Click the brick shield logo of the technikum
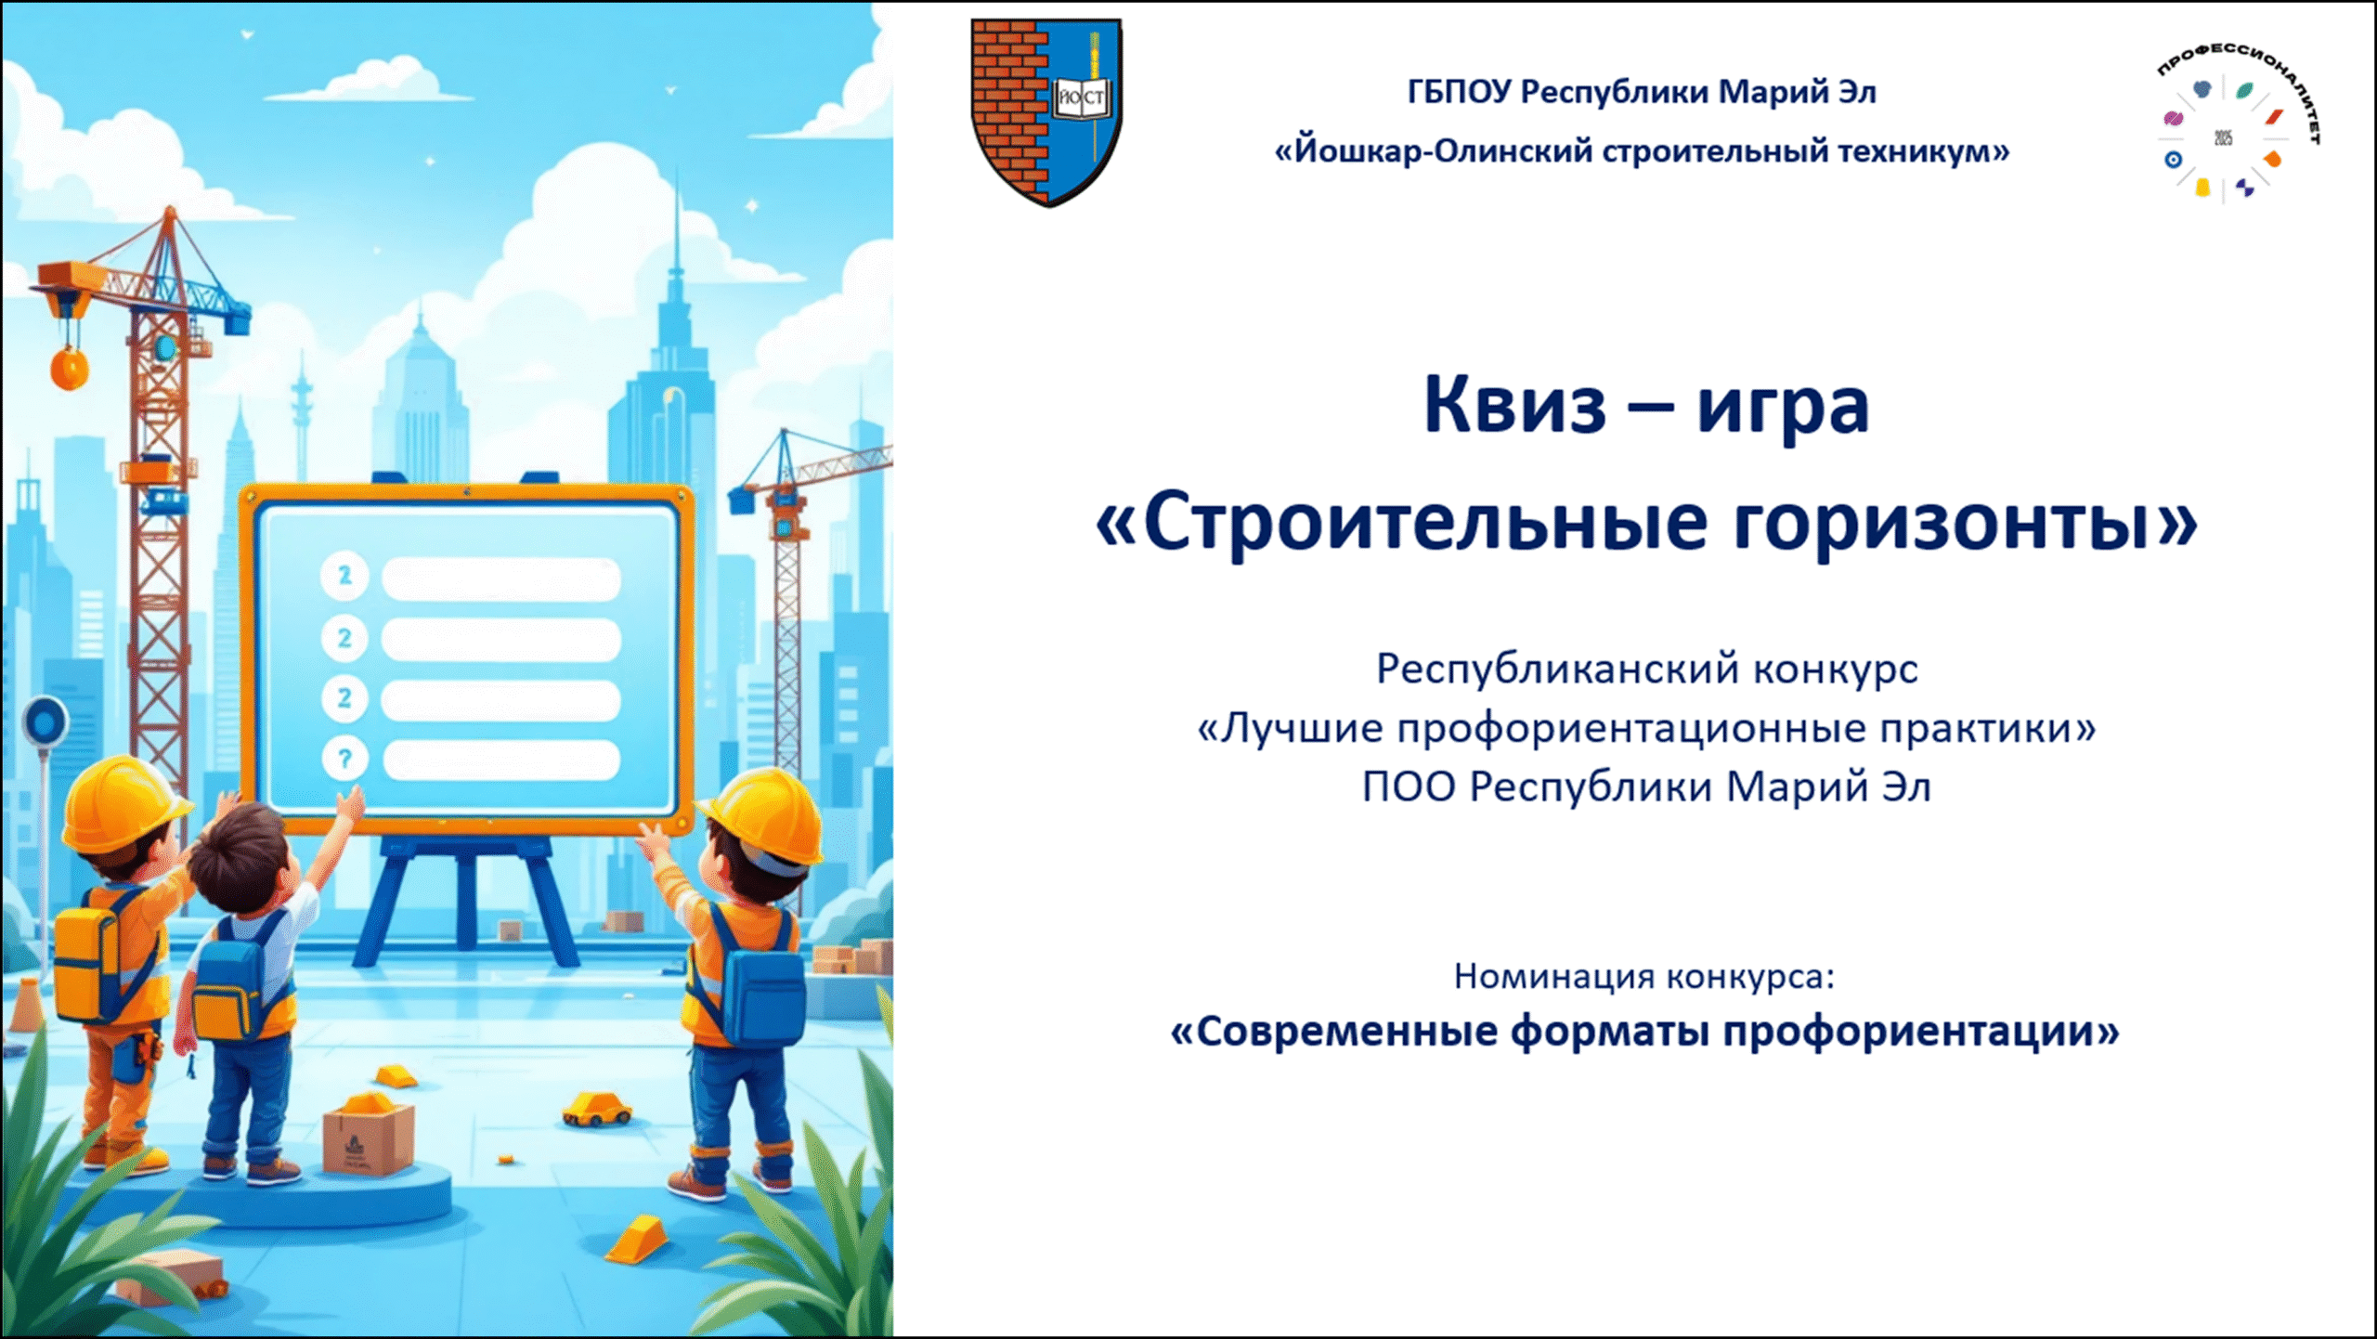(x=1046, y=112)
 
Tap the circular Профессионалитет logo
(x=2235, y=124)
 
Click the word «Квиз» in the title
(x=1515, y=405)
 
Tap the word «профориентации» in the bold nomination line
(x=1921, y=1032)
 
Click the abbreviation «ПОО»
(x=1409, y=787)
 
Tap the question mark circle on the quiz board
(x=344, y=760)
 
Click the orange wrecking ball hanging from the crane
(x=70, y=368)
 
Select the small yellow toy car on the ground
(x=597, y=1109)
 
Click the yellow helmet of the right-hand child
(x=763, y=814)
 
